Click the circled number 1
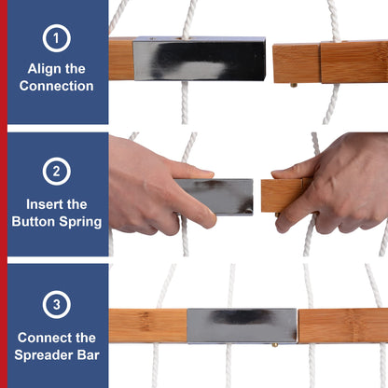point(56,38)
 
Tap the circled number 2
point(56,172)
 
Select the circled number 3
point(56,304)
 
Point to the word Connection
point(56,86)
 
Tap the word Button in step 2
point(34,222)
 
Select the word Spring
point(80,223)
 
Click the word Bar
point(89,355)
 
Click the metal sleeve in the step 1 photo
point(200,59)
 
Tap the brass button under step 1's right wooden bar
point(294,85)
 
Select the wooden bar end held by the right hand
point(282,196)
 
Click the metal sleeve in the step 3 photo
point(242,326)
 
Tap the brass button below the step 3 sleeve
point(275,345)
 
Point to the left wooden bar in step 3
point(148,326)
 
